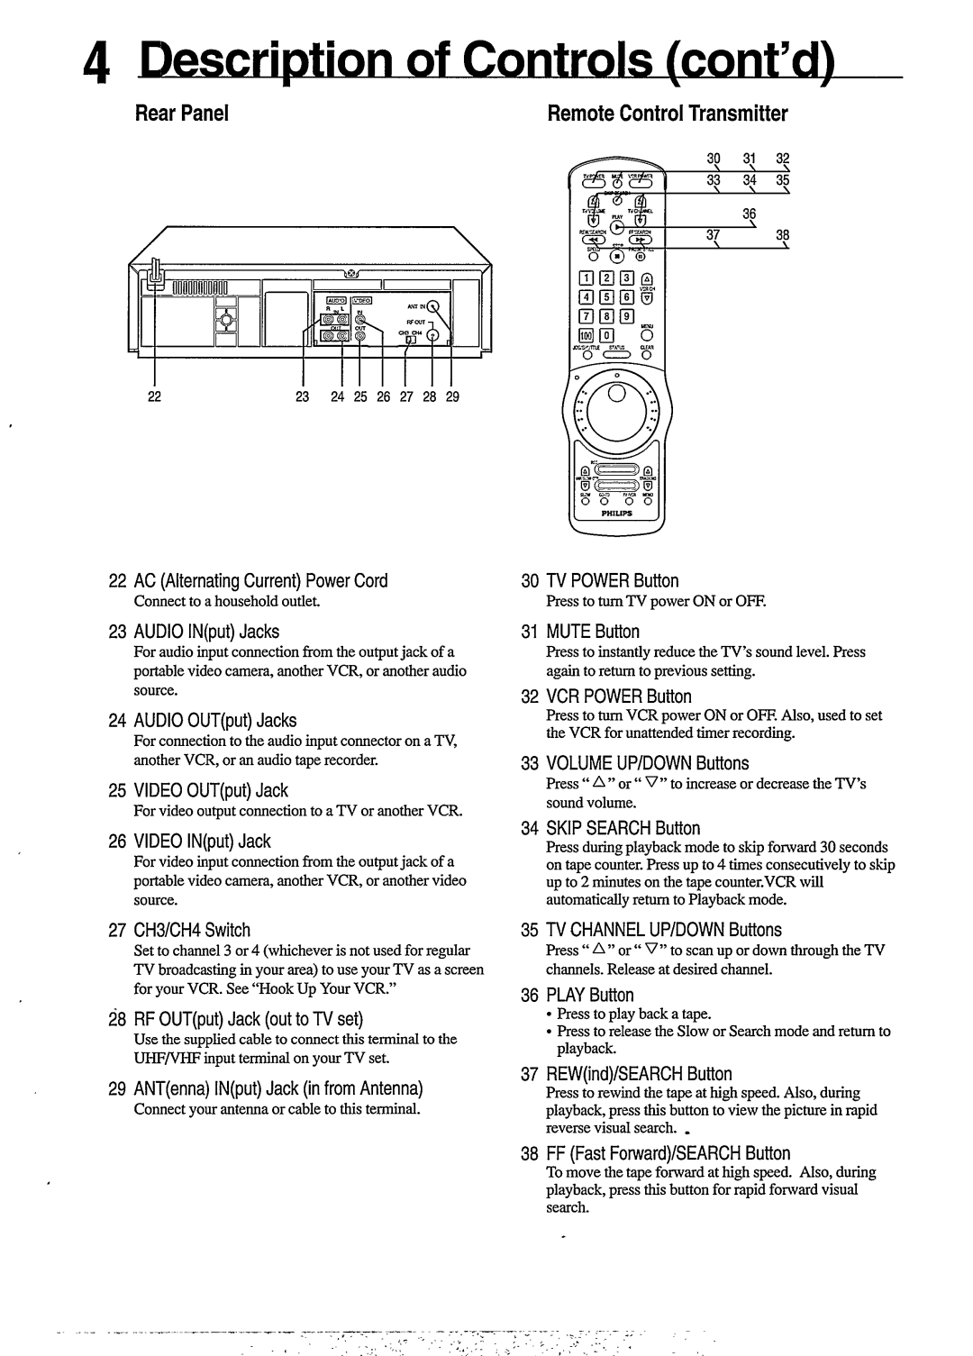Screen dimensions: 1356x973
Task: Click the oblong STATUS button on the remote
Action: pos(617,355)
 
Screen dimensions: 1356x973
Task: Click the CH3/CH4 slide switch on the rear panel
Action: pos(410,340)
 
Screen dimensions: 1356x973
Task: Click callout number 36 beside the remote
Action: pos(748,213)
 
